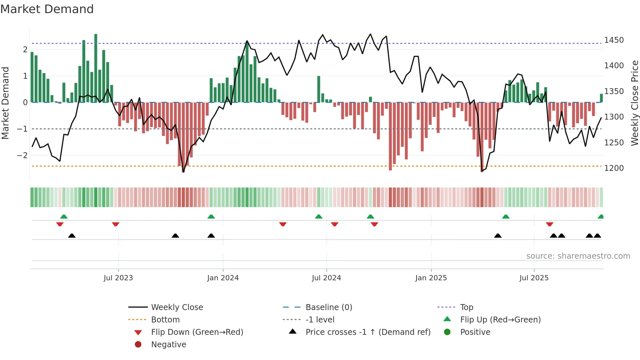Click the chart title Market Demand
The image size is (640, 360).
(x=47, y=9)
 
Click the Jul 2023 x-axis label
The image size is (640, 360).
(x=118, y=278)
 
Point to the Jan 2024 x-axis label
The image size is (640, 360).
(x=223, y=278)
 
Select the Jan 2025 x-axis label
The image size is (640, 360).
(x=431, y=278)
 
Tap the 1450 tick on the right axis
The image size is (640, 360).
(x=614, y=40)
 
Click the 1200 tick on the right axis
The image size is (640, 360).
(x=614, y=168)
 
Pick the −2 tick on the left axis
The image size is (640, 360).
(x=22, y=155)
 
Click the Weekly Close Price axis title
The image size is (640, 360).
(x=634, y=103)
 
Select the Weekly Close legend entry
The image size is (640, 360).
(x=177, y=307)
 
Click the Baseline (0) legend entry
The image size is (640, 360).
(x=328, y=307)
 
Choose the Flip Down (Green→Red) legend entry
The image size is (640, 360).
(x=197, y=332)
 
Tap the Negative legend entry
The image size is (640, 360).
(x=168, y=345)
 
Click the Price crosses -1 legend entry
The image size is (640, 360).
(x=368, y=332)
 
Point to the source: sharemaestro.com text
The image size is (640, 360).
(x=578, y=256)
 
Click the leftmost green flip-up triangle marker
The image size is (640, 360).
(x=64, y=217)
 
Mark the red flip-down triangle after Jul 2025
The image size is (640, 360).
(x=550, y=224)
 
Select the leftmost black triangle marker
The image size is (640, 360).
(x=72, y=236)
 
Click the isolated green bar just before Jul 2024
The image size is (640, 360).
(x=319, y=89)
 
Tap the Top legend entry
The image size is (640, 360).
(x=466, y=307)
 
